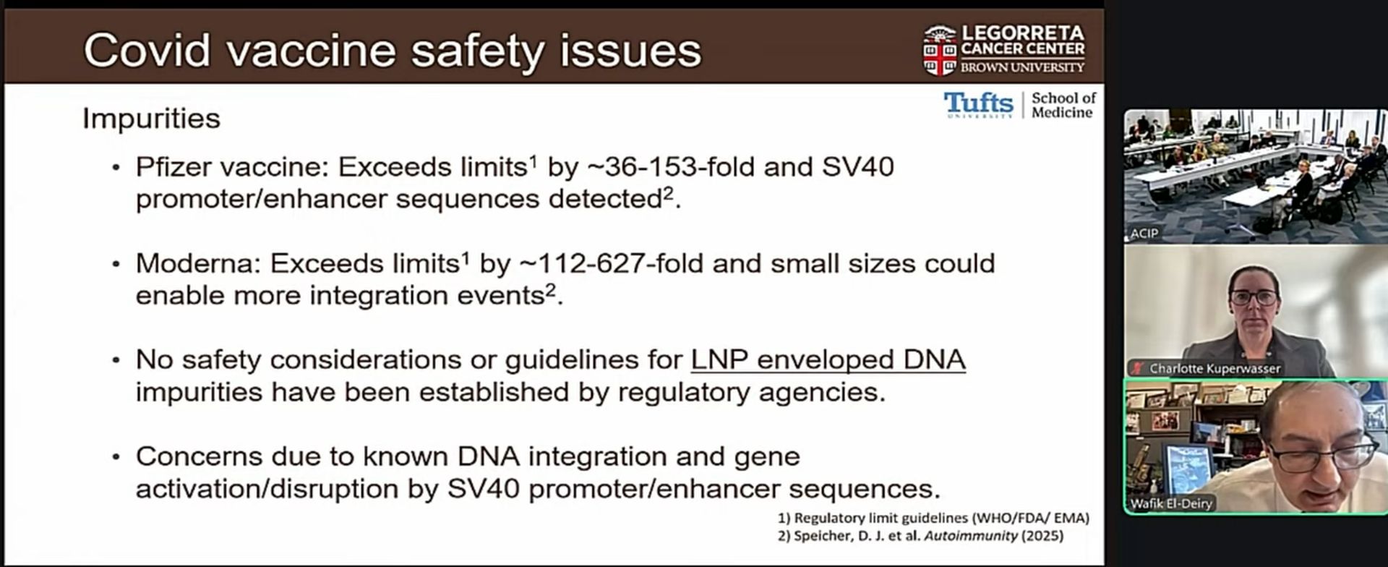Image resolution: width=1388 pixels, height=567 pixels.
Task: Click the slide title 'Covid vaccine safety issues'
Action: coord(393,51)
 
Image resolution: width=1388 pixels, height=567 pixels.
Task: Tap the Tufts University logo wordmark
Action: coord(978,105)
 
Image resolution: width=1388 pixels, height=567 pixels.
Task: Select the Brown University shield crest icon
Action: coord(939,50)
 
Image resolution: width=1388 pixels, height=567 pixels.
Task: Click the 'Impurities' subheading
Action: coord(151,119)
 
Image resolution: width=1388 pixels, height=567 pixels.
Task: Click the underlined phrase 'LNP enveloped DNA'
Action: coord(828,359)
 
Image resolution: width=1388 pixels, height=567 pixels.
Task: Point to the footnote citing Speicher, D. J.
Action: coord(920,536)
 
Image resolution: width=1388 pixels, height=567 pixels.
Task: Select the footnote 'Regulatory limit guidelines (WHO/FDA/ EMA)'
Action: coord(933,518)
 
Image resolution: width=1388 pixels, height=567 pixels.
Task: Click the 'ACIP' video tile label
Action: coord(1144,233)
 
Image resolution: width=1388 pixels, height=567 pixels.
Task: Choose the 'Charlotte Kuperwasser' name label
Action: coord(1214,368)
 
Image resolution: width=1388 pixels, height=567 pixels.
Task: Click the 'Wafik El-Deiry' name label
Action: coord(1171,503)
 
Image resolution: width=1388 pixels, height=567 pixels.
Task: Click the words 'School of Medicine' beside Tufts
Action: coord(1063,105)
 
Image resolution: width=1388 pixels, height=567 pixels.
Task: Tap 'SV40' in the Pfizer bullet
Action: coord(858,167)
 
